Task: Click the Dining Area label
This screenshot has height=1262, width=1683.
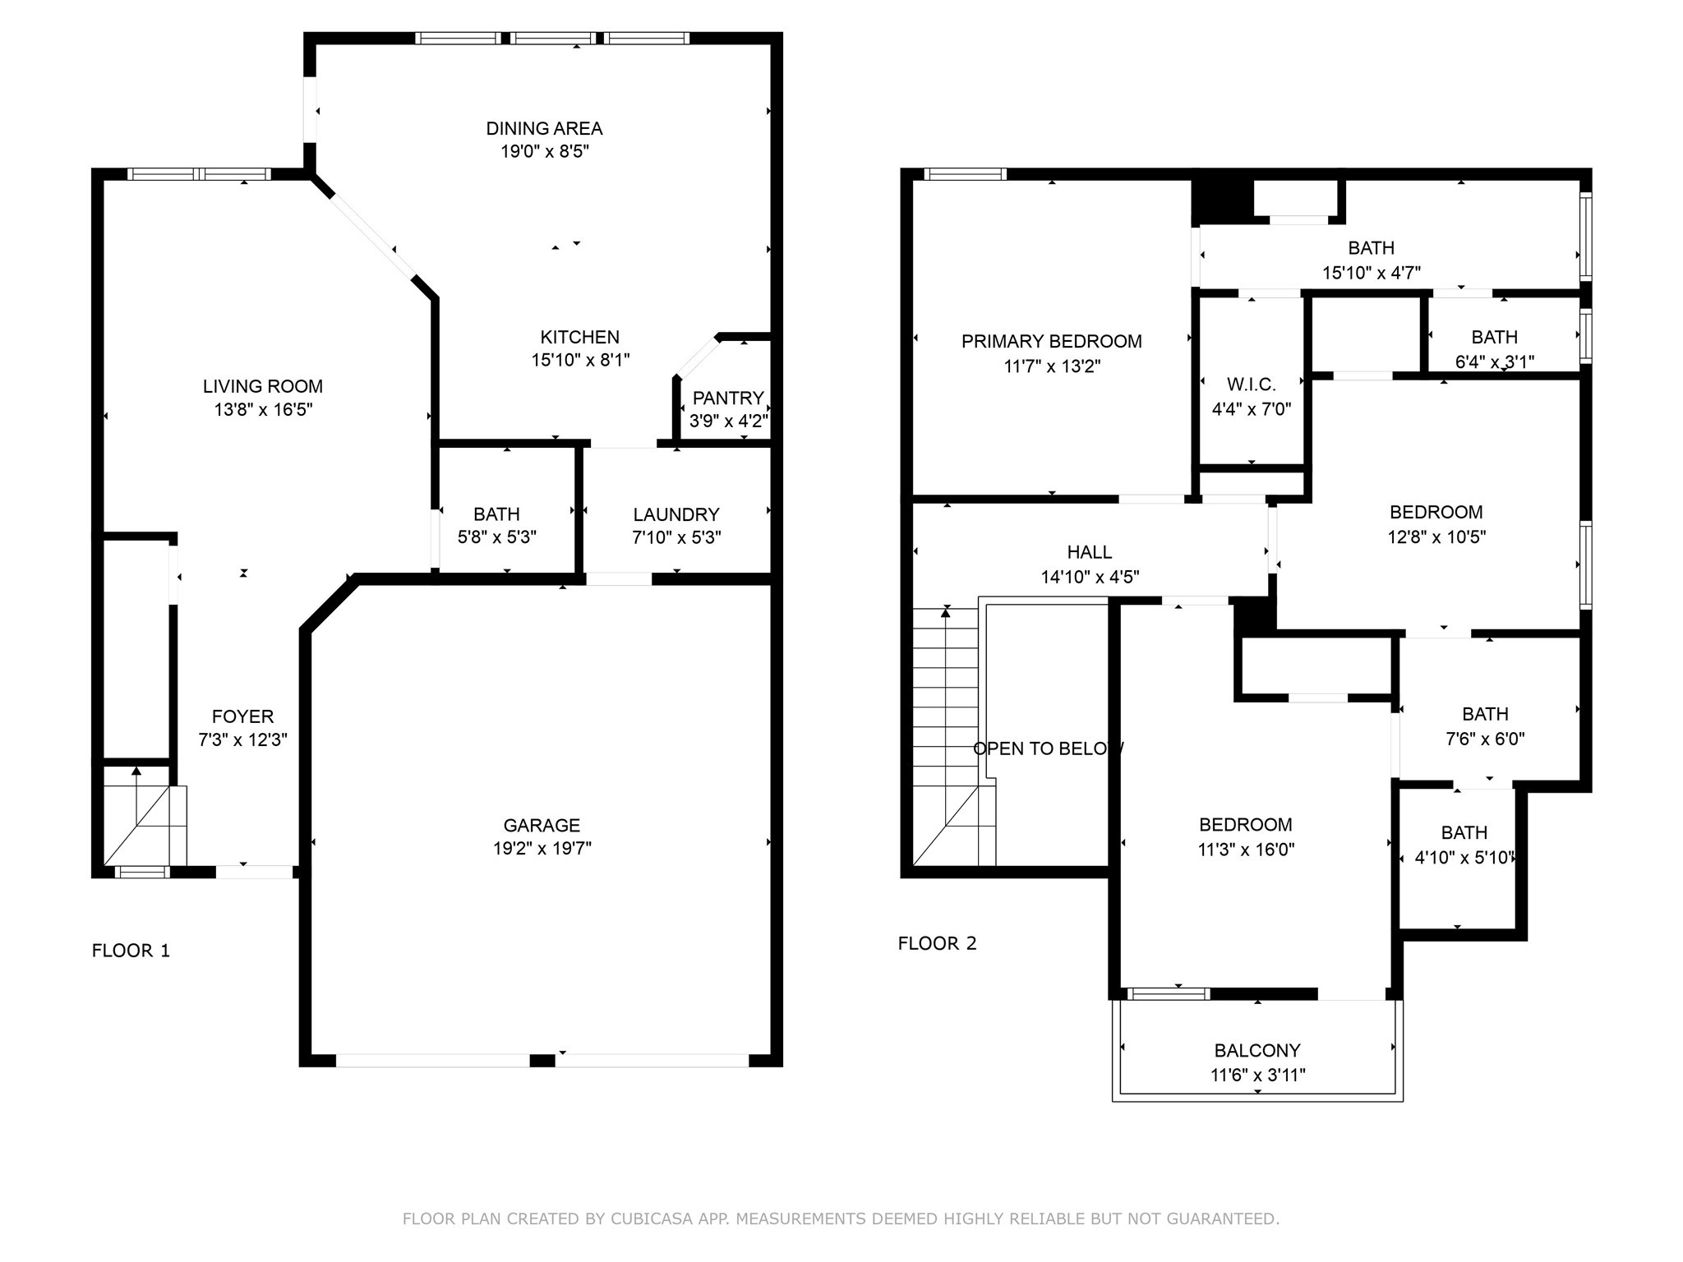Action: [544, 128]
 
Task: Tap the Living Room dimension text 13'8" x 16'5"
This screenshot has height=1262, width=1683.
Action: [263, 409]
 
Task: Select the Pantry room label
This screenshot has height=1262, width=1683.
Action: [728, 398]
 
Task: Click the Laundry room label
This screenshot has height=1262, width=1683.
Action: [676, 514]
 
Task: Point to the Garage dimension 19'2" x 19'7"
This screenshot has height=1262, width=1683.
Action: [542, 848]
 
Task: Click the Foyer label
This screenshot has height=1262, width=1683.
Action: [242, 716]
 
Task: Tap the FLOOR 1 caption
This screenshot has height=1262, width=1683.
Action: [131, 951]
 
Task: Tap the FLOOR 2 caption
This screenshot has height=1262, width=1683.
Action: [937, 943]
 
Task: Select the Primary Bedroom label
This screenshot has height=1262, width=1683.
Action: [1051, 341]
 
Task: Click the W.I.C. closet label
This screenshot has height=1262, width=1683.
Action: [1251, 385]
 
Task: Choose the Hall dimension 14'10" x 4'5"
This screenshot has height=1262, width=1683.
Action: [1090, 577]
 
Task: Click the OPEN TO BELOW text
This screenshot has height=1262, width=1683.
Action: [1048, 748]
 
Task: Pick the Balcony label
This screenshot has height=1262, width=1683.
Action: [1256, 1050]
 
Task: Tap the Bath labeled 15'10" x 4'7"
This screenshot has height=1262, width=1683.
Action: [1371, 248]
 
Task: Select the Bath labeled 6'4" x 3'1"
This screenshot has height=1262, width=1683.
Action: [1494, 337]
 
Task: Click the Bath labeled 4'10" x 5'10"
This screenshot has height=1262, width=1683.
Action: [1464, 833]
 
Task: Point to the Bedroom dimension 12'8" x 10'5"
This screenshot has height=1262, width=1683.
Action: [1436, 537]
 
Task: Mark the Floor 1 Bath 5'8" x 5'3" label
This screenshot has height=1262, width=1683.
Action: [496, 514]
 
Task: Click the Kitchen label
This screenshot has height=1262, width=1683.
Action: [579, 337]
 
